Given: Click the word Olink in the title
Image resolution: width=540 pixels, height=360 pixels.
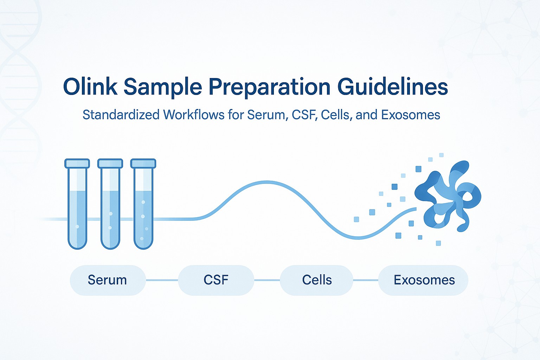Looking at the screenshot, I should coord(90,86).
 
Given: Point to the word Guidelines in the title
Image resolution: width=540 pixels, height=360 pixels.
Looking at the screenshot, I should coord(393,86).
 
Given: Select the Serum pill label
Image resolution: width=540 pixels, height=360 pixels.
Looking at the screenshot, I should coord(107,280).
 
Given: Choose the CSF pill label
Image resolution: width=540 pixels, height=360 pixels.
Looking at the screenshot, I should coord(216,280).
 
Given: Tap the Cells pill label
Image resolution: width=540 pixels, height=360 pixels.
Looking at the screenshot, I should coord(317,280).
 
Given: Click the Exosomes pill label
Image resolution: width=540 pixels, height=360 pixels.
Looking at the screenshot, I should coord(424,280).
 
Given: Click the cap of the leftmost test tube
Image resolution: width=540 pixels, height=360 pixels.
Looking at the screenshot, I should coord(77,163).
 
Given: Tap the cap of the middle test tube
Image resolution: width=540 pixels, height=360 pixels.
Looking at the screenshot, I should coord(110,163).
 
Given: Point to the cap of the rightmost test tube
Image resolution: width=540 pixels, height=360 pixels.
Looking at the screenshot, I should coord(143,163).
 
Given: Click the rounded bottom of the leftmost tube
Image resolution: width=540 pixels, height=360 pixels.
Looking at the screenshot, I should coord(77,243).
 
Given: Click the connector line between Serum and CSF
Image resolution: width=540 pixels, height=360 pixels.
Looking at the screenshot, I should coord(162,280).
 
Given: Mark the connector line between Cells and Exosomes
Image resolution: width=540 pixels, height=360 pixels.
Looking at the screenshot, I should coord(365,280).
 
